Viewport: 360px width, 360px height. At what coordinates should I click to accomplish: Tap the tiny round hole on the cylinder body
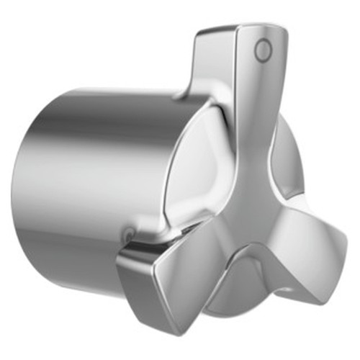pos(127,232)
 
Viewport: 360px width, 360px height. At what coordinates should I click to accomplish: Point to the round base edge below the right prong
pos(302,302)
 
